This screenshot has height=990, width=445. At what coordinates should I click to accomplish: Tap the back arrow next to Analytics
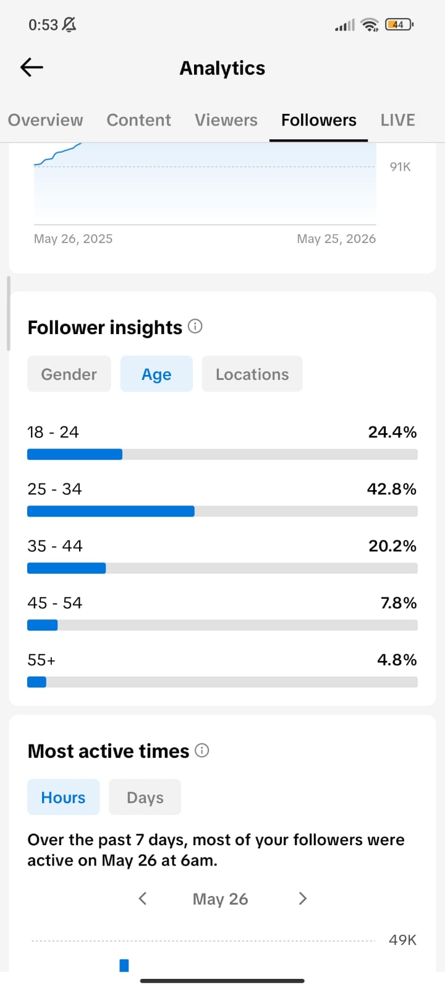point(32,67)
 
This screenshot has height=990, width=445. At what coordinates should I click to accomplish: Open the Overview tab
point(46,120)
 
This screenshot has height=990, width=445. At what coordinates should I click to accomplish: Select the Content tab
point(138,120)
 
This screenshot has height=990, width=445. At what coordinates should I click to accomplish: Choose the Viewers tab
point(226,120)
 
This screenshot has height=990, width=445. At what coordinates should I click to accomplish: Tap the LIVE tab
point(398,120)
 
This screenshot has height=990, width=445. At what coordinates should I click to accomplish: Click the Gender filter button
point(69,374)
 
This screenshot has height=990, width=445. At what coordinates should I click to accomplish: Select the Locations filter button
point(252,374)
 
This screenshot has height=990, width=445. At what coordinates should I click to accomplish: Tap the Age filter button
point(156,374)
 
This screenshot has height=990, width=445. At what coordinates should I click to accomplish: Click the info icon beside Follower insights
point(195,327)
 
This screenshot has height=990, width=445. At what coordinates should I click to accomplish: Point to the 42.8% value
point(392,489)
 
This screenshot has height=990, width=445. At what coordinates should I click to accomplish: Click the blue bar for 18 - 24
point(75,454)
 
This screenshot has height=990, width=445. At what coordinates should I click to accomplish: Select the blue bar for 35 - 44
point(66,569)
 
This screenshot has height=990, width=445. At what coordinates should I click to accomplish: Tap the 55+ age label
point(41,660)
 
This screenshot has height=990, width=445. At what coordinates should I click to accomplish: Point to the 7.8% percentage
point(399,603)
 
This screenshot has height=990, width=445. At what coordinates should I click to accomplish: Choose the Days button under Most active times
point(145,798)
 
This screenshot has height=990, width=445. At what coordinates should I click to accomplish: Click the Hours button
point(63,798)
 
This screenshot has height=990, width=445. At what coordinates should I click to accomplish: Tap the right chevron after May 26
point(302,898)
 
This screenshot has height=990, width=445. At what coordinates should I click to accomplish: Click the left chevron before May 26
point(142,898)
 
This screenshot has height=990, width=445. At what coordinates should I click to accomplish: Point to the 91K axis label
point(400,166)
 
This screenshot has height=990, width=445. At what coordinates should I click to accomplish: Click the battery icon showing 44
point(399,25)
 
